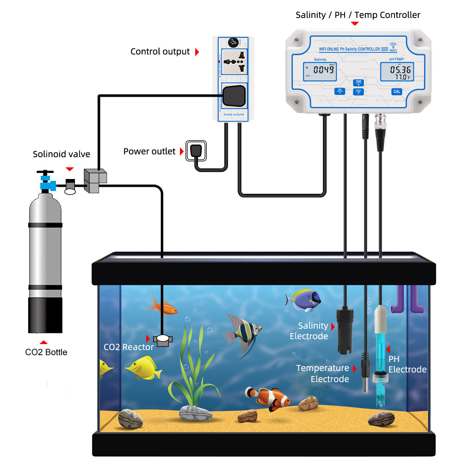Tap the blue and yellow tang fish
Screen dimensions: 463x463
click(303, 300)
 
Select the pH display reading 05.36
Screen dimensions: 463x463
click(396, 71)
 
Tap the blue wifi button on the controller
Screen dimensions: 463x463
click(358, 92)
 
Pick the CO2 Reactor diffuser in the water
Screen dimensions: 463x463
click(163, 340)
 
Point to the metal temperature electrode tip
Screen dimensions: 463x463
click(365, 384)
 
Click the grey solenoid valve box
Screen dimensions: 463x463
click(95, 181)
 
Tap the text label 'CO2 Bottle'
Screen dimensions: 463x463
click(46, 352)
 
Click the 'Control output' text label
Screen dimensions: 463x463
click(160, 51)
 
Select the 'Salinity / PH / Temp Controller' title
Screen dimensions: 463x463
click(358, 15)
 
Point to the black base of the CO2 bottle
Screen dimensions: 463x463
click(45, 315)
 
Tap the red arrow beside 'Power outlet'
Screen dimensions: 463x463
click(180, 151)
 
